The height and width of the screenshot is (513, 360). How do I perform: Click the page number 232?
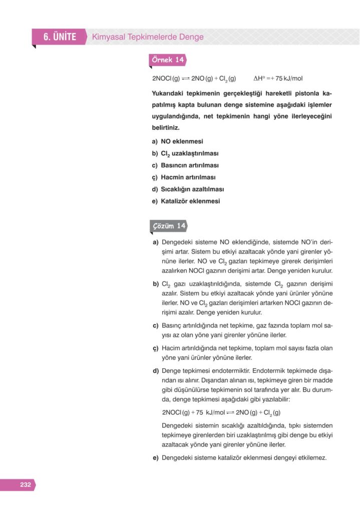coord(26,484)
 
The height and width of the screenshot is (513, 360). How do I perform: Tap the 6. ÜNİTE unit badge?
coord(59,37)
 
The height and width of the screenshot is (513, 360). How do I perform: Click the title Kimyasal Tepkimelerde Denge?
coord(148,37)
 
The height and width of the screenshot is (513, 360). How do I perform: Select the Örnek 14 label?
coord(168,60)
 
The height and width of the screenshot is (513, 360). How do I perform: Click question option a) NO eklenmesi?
coord(177,141)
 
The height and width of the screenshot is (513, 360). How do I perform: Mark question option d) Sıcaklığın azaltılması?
coord(188,189)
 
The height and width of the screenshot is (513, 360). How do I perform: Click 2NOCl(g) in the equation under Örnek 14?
coord(166,79)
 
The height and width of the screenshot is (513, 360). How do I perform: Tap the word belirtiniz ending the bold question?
coord(165,128)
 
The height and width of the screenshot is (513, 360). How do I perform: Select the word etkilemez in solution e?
coord(312,457)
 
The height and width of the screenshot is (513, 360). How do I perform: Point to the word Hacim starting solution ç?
coord(171,348)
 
